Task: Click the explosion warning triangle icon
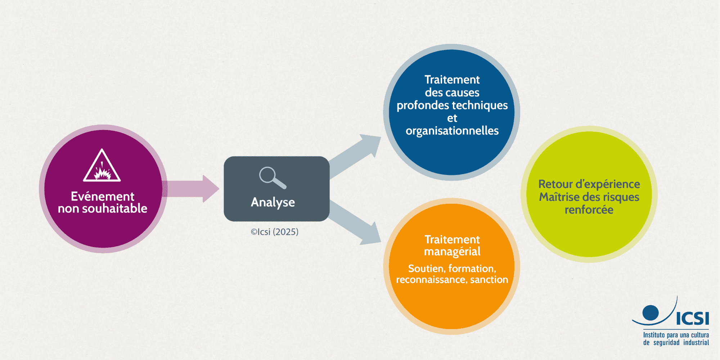pyautogui.click(x=102, y=166)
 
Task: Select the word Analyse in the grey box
pyautogui.click(x=273, y=202)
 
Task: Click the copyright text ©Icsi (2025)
pyautogui.click(x=275, y=232)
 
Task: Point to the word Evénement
pyautogui.click(x=103, y=196)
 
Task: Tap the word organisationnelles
pyautogui.click(x=452, y=131)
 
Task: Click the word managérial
pyautogui.click(x=452, y=252)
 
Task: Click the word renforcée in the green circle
pyautogui.click(x=589, y=210)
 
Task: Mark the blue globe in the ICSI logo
pyautogui.click(x=650, y=312)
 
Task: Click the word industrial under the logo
pyautogui.click(x=696, y=343)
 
